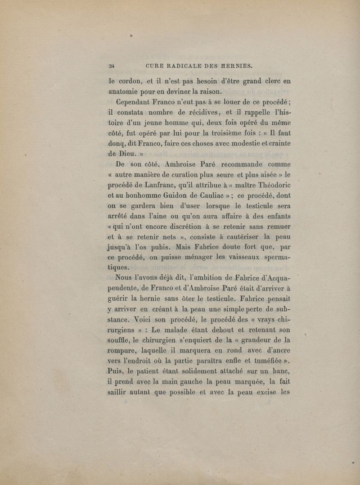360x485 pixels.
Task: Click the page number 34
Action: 111,66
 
